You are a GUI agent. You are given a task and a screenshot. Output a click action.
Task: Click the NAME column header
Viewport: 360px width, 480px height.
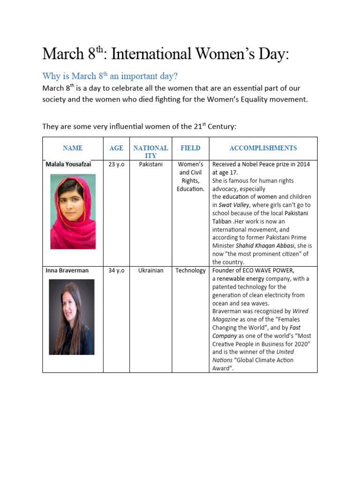coord(73,148)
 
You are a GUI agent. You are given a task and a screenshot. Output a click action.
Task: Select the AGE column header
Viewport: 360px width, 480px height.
coord(116,148)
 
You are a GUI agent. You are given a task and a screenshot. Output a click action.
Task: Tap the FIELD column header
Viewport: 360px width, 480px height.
coord(190,148)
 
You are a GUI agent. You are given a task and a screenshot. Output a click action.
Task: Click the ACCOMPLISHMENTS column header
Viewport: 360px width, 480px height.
coord(263,148)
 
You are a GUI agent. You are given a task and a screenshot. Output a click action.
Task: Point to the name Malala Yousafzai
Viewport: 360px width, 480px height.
coord(68,165)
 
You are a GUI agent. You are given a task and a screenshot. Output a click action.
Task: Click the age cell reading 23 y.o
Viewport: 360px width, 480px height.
coord(116,165)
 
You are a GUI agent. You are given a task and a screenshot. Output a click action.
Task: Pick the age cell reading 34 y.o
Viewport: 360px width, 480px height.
coord(116,270)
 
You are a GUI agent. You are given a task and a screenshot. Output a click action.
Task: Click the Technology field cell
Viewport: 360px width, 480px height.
coord(190,270)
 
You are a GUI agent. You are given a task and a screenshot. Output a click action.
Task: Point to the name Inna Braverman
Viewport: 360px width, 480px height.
coord(67,270)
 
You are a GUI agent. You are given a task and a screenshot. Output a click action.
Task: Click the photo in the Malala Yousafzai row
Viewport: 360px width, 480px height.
coord(73,211)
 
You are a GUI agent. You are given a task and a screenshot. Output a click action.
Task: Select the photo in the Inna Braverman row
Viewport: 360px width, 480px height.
coord(71,317)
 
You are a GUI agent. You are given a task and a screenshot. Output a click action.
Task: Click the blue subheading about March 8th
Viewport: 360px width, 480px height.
coord(110,76)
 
